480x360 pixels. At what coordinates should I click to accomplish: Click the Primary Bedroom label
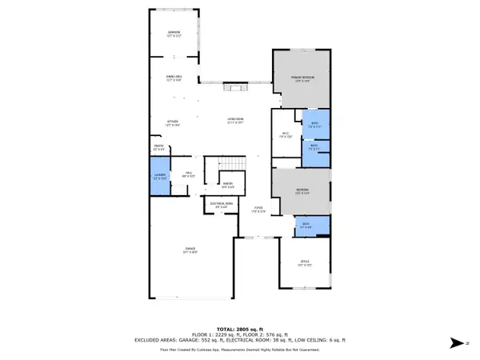tap(301, 78)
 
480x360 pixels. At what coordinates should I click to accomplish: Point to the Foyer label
tap(258, 210)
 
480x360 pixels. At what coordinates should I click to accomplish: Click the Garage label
tap(190, 251)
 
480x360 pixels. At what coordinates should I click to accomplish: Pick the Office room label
tap(304, 266)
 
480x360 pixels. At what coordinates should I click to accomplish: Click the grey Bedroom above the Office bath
tap(301, 190)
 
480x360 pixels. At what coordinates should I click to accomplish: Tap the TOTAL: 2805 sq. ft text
tap(239, 329)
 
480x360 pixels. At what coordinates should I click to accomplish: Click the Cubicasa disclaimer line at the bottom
tap(239, 349)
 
